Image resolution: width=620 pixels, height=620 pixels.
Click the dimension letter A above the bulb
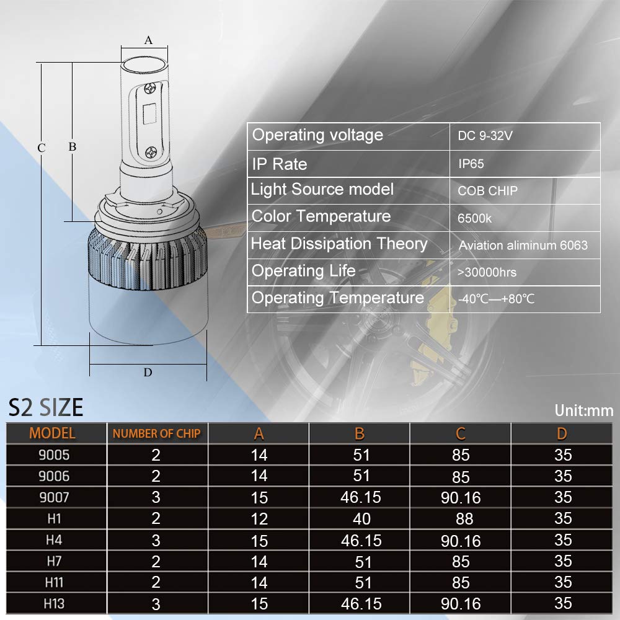pyautogui.click(x=148, y=40)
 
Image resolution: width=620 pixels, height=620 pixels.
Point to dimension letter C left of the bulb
pyautogui.click(x=41, y=148)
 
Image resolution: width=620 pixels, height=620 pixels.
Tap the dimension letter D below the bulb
pyautogui.click(x=148, y=372)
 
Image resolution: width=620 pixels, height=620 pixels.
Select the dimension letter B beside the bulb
pyautogui.click(x=72, y=147)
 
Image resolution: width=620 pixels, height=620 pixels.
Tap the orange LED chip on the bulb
pyautogui.click(x=149, y=117)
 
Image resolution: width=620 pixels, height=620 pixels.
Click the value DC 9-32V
pyautogui.click(x=485, y=136)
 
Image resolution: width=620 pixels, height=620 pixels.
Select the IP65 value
pyautogui.click(x=471, y=164)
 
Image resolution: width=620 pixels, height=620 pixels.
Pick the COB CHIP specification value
pyautogui.click(x=487, y=191)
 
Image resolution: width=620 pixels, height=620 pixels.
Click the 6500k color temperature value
pyautogui.click(x=475, y=218)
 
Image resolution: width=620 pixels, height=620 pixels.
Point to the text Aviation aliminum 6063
pyautogui.click(x=523, y=246)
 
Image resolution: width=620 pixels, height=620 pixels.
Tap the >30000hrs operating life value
pyautogui.click(x=487, y=272)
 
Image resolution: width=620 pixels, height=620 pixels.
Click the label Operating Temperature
pyautogui.click(x=338, y=298)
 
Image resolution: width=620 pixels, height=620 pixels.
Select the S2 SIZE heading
pyautogui.click(x=45, y=407)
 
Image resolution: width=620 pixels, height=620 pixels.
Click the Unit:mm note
pyautogui.click(x=584, y=410)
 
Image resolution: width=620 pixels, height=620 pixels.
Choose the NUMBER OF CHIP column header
pyautogui.click(x=156, y=433)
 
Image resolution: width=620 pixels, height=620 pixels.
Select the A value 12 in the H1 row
pyautogui.click(x=259, y=518)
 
